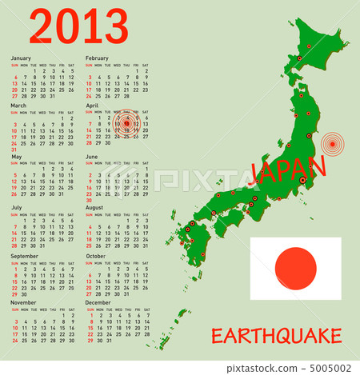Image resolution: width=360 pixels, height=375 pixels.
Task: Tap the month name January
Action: (x=21, y=58)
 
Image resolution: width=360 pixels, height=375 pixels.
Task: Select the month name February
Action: (x=97, y=58)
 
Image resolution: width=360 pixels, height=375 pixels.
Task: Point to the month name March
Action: (x=18, y=105)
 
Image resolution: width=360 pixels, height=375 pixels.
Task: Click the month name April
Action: (x=92, y=105)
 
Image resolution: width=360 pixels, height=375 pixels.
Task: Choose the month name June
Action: (x=92, y=157)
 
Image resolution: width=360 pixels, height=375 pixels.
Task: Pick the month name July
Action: (x=17, y=207)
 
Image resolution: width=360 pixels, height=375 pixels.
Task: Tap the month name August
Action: (x=94, y=207)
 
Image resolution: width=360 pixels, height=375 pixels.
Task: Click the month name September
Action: (x=24, y=257)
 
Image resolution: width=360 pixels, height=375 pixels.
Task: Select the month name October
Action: (x=96, y=257)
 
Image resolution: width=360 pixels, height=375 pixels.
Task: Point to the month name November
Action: (x=23, y=303)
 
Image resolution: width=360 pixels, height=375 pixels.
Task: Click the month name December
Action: (x=98, y=303)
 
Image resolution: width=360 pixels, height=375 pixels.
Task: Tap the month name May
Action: (x=16, y=157)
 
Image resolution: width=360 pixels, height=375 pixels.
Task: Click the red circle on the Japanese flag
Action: (x=295, y=268)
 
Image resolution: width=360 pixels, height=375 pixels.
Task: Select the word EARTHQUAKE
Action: (x=288, y=336)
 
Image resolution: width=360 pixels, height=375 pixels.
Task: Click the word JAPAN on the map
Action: (x=288, y=170)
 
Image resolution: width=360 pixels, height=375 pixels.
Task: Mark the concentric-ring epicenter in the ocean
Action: (x=332, y=145)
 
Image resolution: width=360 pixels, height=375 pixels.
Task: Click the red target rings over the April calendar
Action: (x=126, y=124)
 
